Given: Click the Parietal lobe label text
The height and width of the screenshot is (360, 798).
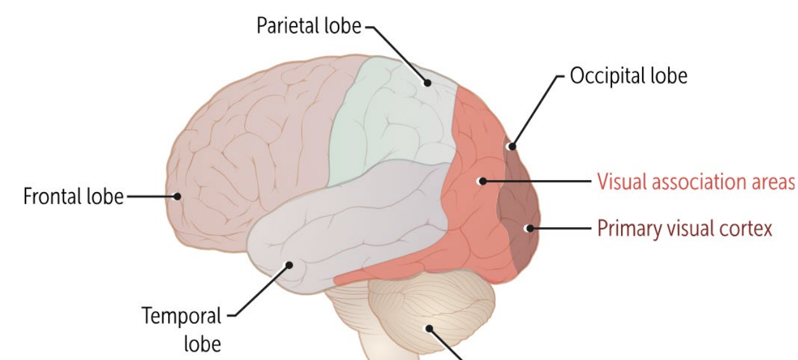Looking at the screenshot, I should (x=308, y=27).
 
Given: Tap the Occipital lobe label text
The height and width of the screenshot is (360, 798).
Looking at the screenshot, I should (x=628, y=76).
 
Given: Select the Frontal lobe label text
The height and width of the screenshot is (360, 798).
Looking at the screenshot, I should (x=73, y=197).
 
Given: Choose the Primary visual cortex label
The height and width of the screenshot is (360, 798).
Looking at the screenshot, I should (x=685, y=228).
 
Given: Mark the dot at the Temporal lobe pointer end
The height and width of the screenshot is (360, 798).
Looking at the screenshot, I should (x=289, y=265).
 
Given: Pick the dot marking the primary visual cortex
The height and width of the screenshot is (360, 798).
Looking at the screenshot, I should (x=528, y=228).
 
